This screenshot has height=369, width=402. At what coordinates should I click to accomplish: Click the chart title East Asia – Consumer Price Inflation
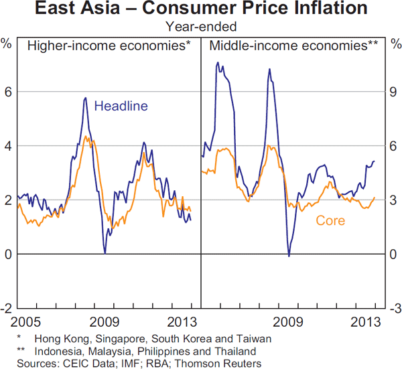[x=201, y=10]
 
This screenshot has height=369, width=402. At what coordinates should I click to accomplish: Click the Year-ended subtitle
[x=201, y=27]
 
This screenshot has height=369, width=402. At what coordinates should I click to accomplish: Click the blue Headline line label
[x=121, y=106]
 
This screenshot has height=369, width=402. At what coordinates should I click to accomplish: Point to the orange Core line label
[x=330, y=220]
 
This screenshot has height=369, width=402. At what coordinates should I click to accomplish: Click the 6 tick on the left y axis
[x=8, y=92]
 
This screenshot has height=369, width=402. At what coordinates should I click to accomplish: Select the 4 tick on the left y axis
[x=8, y=146]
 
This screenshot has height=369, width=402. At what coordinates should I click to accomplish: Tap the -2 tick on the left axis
[x=6, y=309]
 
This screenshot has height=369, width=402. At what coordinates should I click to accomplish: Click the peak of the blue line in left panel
[x=85, y=98]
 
